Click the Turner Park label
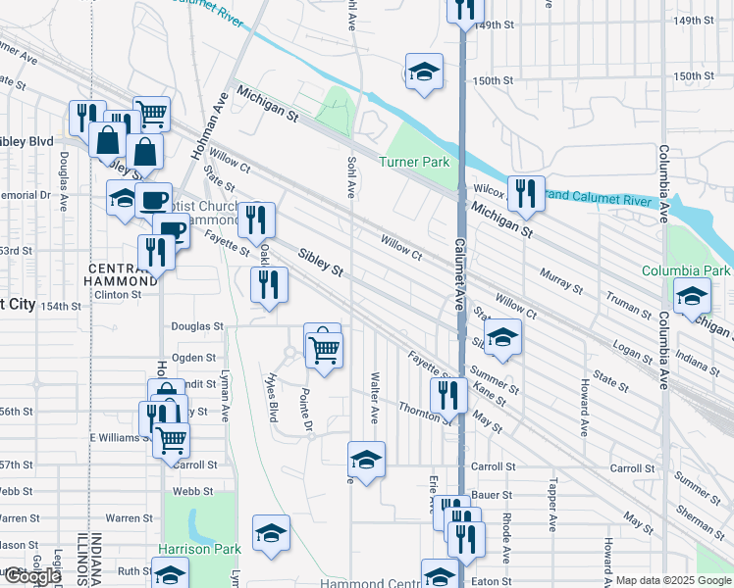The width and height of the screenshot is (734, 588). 418,162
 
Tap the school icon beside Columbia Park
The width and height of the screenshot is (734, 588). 692,295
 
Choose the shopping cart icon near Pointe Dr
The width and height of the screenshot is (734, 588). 324,348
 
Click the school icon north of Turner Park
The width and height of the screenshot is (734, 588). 423,72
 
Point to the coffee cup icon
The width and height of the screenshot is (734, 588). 152,200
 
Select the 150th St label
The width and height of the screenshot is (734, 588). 493,81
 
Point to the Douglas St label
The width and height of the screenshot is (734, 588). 197,325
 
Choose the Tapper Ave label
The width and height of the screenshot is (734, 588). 552,500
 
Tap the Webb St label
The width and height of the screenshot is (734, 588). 193,491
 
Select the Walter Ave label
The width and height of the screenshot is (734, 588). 374,397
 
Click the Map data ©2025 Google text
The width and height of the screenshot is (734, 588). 674,580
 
